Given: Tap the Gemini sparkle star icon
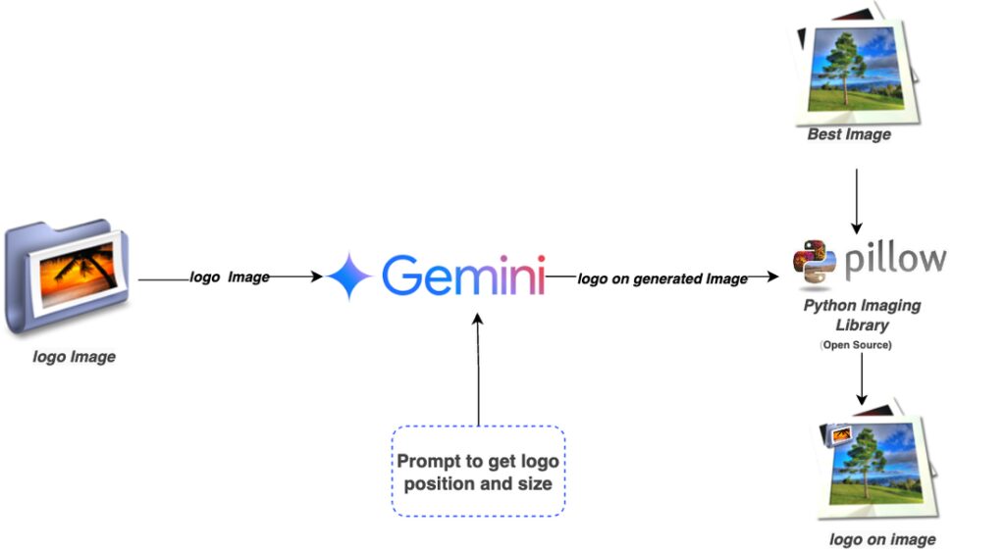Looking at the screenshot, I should coord(348,276).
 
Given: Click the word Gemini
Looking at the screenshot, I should coord(462,276).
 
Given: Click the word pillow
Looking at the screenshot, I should coord(895,260).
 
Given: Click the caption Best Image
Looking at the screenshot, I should coord(849,134).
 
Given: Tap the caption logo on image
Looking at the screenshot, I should coord(882,539).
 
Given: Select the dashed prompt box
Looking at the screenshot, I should coord(478,471).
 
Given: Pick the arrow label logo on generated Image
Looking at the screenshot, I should coord(662,279).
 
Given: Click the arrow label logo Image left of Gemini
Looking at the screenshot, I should coord(230,277).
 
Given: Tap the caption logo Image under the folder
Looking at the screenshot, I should coord(75,357).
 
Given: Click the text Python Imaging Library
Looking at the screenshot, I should coord(862,315).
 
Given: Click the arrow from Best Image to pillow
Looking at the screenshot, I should coord(857,201).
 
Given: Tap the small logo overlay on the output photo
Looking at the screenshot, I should coord(840,433).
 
